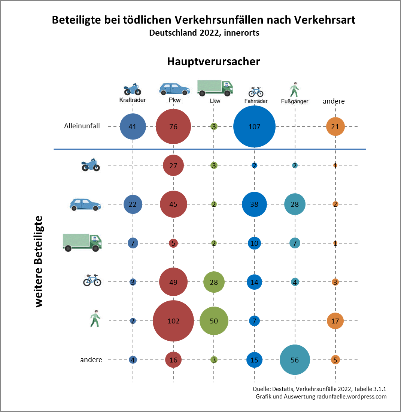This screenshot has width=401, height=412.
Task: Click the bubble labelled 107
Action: [x=254, y=126]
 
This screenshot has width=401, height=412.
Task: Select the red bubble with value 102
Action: [x=173, y=321]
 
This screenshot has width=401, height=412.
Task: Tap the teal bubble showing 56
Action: [x=295, y=360]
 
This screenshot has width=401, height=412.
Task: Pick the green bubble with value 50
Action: [x=214, y=321]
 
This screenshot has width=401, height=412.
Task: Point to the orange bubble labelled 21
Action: [x=335, y=126]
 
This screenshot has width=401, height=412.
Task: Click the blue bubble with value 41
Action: [x=133, y=126]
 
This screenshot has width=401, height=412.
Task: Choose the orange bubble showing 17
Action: [x=335, y=321]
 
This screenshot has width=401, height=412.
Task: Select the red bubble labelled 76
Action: [x=173, y=126]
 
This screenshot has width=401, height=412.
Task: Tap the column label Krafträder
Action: [x=132, y=100]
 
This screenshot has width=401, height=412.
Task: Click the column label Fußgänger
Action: [x=295, y=101]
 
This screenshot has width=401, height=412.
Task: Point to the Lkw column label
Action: [x=215, y=101]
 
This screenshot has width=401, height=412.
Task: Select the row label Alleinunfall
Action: [x=82, y=126]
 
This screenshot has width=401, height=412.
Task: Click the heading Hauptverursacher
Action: [x=213, y=61]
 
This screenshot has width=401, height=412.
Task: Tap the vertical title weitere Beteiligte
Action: [x=39, y=262]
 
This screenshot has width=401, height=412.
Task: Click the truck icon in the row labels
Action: [x=82, y=242]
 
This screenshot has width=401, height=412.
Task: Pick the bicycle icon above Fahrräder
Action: [x=256, y=91]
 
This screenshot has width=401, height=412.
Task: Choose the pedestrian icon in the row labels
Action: [x=95, y=319]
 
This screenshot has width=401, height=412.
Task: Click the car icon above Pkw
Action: [x=174, y=89]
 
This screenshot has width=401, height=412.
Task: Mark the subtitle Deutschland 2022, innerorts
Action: [x=204, y=33]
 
